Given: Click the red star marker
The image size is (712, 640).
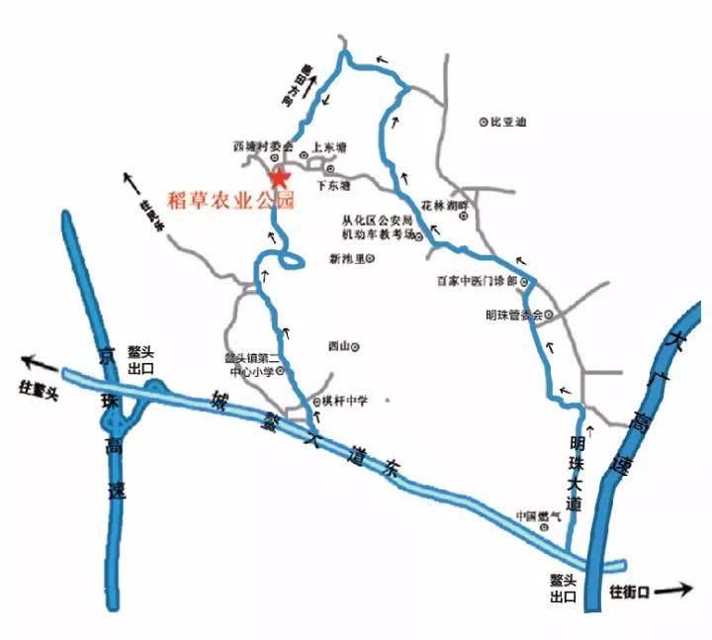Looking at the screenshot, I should click(x=280, y=178).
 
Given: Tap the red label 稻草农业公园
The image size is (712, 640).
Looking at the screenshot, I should click(x=232, y=200).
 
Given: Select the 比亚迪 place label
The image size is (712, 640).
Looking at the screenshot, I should click(x=507, y=122).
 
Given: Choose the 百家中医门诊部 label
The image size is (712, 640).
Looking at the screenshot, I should click(x=478, y=282).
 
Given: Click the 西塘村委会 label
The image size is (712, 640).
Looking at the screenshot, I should click(x=252, y=146).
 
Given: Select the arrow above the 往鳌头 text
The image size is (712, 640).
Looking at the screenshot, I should click(x=40, y=362).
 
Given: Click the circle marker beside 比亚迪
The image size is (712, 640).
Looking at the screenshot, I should click(x=484, y=123).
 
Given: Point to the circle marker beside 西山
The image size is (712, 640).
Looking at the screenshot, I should click(x=356, y=346).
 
